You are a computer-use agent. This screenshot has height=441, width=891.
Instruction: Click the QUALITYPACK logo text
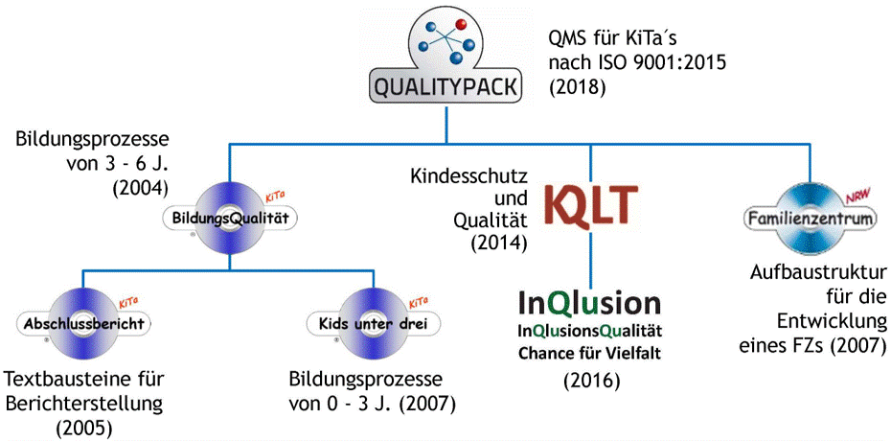pyautogui.click(x=445, y=87)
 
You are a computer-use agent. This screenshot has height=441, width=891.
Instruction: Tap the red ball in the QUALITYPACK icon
pyautogui.click(x=461, y=24)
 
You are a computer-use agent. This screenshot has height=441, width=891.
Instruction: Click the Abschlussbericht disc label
pyautogui.click(x=84, y=324)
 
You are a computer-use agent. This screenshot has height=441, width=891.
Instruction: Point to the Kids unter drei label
pyautogui.click(x=373, y=324)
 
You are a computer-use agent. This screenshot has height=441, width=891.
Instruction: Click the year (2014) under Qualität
pyautogui.click(x=497, y=243)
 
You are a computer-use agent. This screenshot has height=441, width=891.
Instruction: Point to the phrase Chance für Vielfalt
pyautogui.click(x=590, y=355)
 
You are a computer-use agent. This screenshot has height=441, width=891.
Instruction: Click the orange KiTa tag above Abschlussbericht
pyautogui.click(x=129, y=303)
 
